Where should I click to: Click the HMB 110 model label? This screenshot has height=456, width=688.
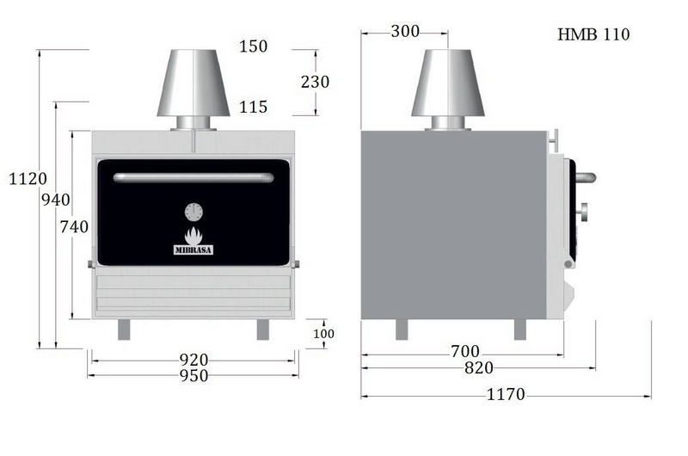(x=593, y=34)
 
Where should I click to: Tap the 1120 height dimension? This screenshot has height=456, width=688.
(x=28, y=179)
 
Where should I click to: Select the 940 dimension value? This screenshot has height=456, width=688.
(x=56, y=200)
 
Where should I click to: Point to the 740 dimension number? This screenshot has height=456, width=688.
(x=74, y=226)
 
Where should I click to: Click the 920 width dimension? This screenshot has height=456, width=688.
(x=193, y=360)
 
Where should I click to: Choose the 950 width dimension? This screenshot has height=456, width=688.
(x=193, y=376)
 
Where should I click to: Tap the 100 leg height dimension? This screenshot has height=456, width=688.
(x=324, y=334)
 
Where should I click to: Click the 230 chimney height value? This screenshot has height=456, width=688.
(x=315, y=82)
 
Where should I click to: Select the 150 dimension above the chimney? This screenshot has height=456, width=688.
(x=253, y=46)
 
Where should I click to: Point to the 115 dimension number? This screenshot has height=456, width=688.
(x=253, y=107)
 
